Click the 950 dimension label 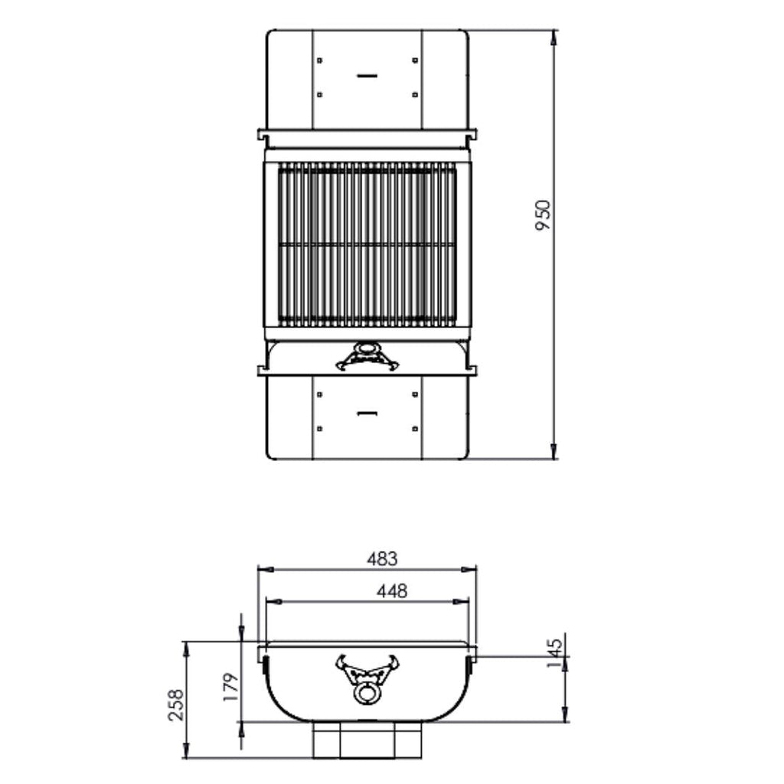(543, 216)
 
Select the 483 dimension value (381, 559)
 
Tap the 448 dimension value (392, 590)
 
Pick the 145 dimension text (556, 652)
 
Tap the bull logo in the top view (367, 358)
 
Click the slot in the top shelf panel (367, 77)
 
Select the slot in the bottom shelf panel (367, 413)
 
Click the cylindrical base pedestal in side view (367, 740)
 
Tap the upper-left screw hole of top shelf (320, 60)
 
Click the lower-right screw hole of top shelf (415, 95)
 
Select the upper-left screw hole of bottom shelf (320, 395)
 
